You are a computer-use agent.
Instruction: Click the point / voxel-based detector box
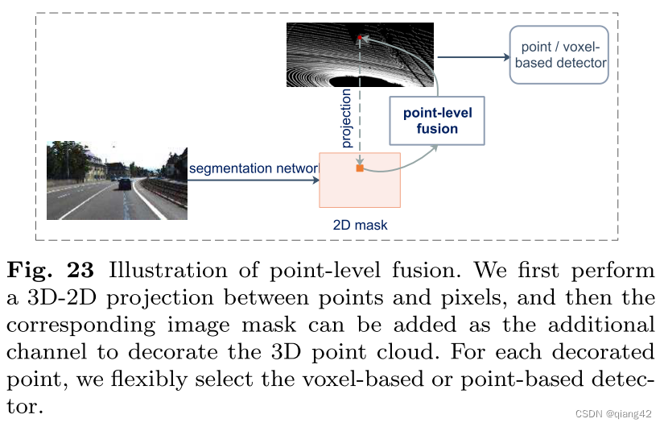click(559, 54)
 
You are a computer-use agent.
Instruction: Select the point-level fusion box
click(437, 121)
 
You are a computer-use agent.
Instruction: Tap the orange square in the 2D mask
click(360, 168)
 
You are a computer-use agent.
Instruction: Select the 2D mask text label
click(360, 226)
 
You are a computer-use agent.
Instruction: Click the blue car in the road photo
click(125, 183)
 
